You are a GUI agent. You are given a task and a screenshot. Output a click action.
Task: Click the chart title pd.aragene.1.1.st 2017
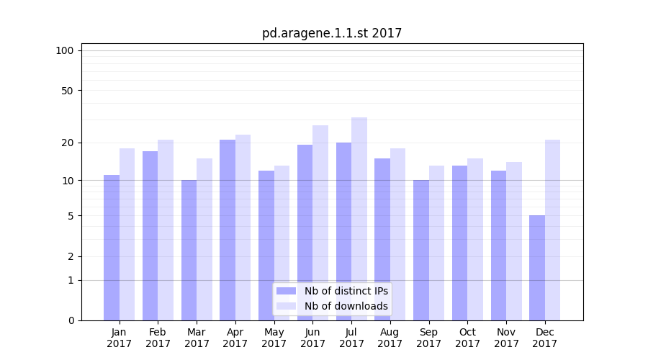[x=332, y=33]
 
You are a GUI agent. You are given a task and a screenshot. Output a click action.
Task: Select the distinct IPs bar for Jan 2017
[x=112, y=248]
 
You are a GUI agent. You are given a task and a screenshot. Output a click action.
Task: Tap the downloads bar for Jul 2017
[x=359, y=219]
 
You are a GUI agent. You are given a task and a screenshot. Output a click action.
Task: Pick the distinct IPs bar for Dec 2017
[x=537, y=268]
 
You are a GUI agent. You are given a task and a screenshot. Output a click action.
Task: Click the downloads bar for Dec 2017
[x=552, y=230]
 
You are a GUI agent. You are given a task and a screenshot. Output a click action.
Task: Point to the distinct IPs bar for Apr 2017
[x=228, y=230]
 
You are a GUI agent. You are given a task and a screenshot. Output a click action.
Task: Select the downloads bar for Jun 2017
[x=320, y=223]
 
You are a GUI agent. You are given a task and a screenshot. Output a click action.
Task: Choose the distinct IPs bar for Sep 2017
[x=421, y=250]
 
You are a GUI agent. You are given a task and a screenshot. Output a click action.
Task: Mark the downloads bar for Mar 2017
[x=204, y=239]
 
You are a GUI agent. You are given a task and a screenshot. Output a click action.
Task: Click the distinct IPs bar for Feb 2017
[x=150, y=235]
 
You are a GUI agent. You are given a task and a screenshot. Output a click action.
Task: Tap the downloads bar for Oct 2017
[x=475, y=239]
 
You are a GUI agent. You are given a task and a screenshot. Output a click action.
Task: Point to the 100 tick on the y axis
[x=65, y=50]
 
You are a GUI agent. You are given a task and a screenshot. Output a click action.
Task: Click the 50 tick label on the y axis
[x=68, y=91]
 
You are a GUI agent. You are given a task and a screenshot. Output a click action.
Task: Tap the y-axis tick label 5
[x=71, y=216]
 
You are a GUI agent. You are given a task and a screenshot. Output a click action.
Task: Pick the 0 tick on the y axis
[x=71, y=320]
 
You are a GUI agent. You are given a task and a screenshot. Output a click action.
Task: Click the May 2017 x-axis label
[x=274, y=338]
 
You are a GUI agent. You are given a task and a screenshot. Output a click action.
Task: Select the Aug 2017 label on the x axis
[x=390, y=338]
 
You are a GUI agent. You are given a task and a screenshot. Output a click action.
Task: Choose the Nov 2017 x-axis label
[x=506, y=338]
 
